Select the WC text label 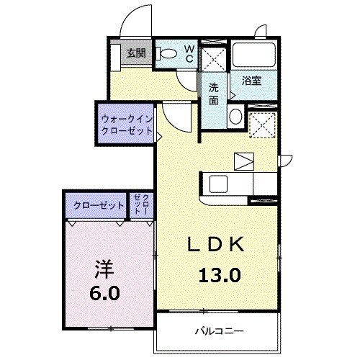[x=189, y=53]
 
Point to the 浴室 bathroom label [x=251, y=81]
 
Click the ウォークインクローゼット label [x=127, y=125]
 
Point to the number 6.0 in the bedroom [x=105, y=293]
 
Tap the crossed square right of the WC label [x=212, y=55]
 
